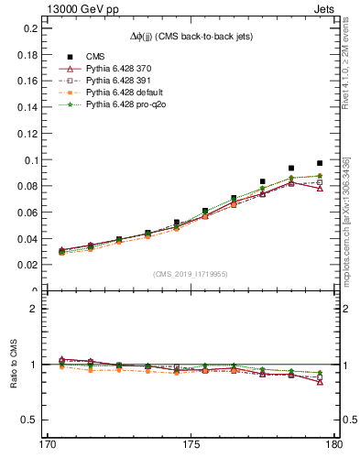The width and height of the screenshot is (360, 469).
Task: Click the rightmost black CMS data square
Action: [320, 163]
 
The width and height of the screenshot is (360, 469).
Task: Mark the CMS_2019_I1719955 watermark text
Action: [191, 273]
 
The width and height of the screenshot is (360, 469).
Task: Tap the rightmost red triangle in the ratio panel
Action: [320, 381]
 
